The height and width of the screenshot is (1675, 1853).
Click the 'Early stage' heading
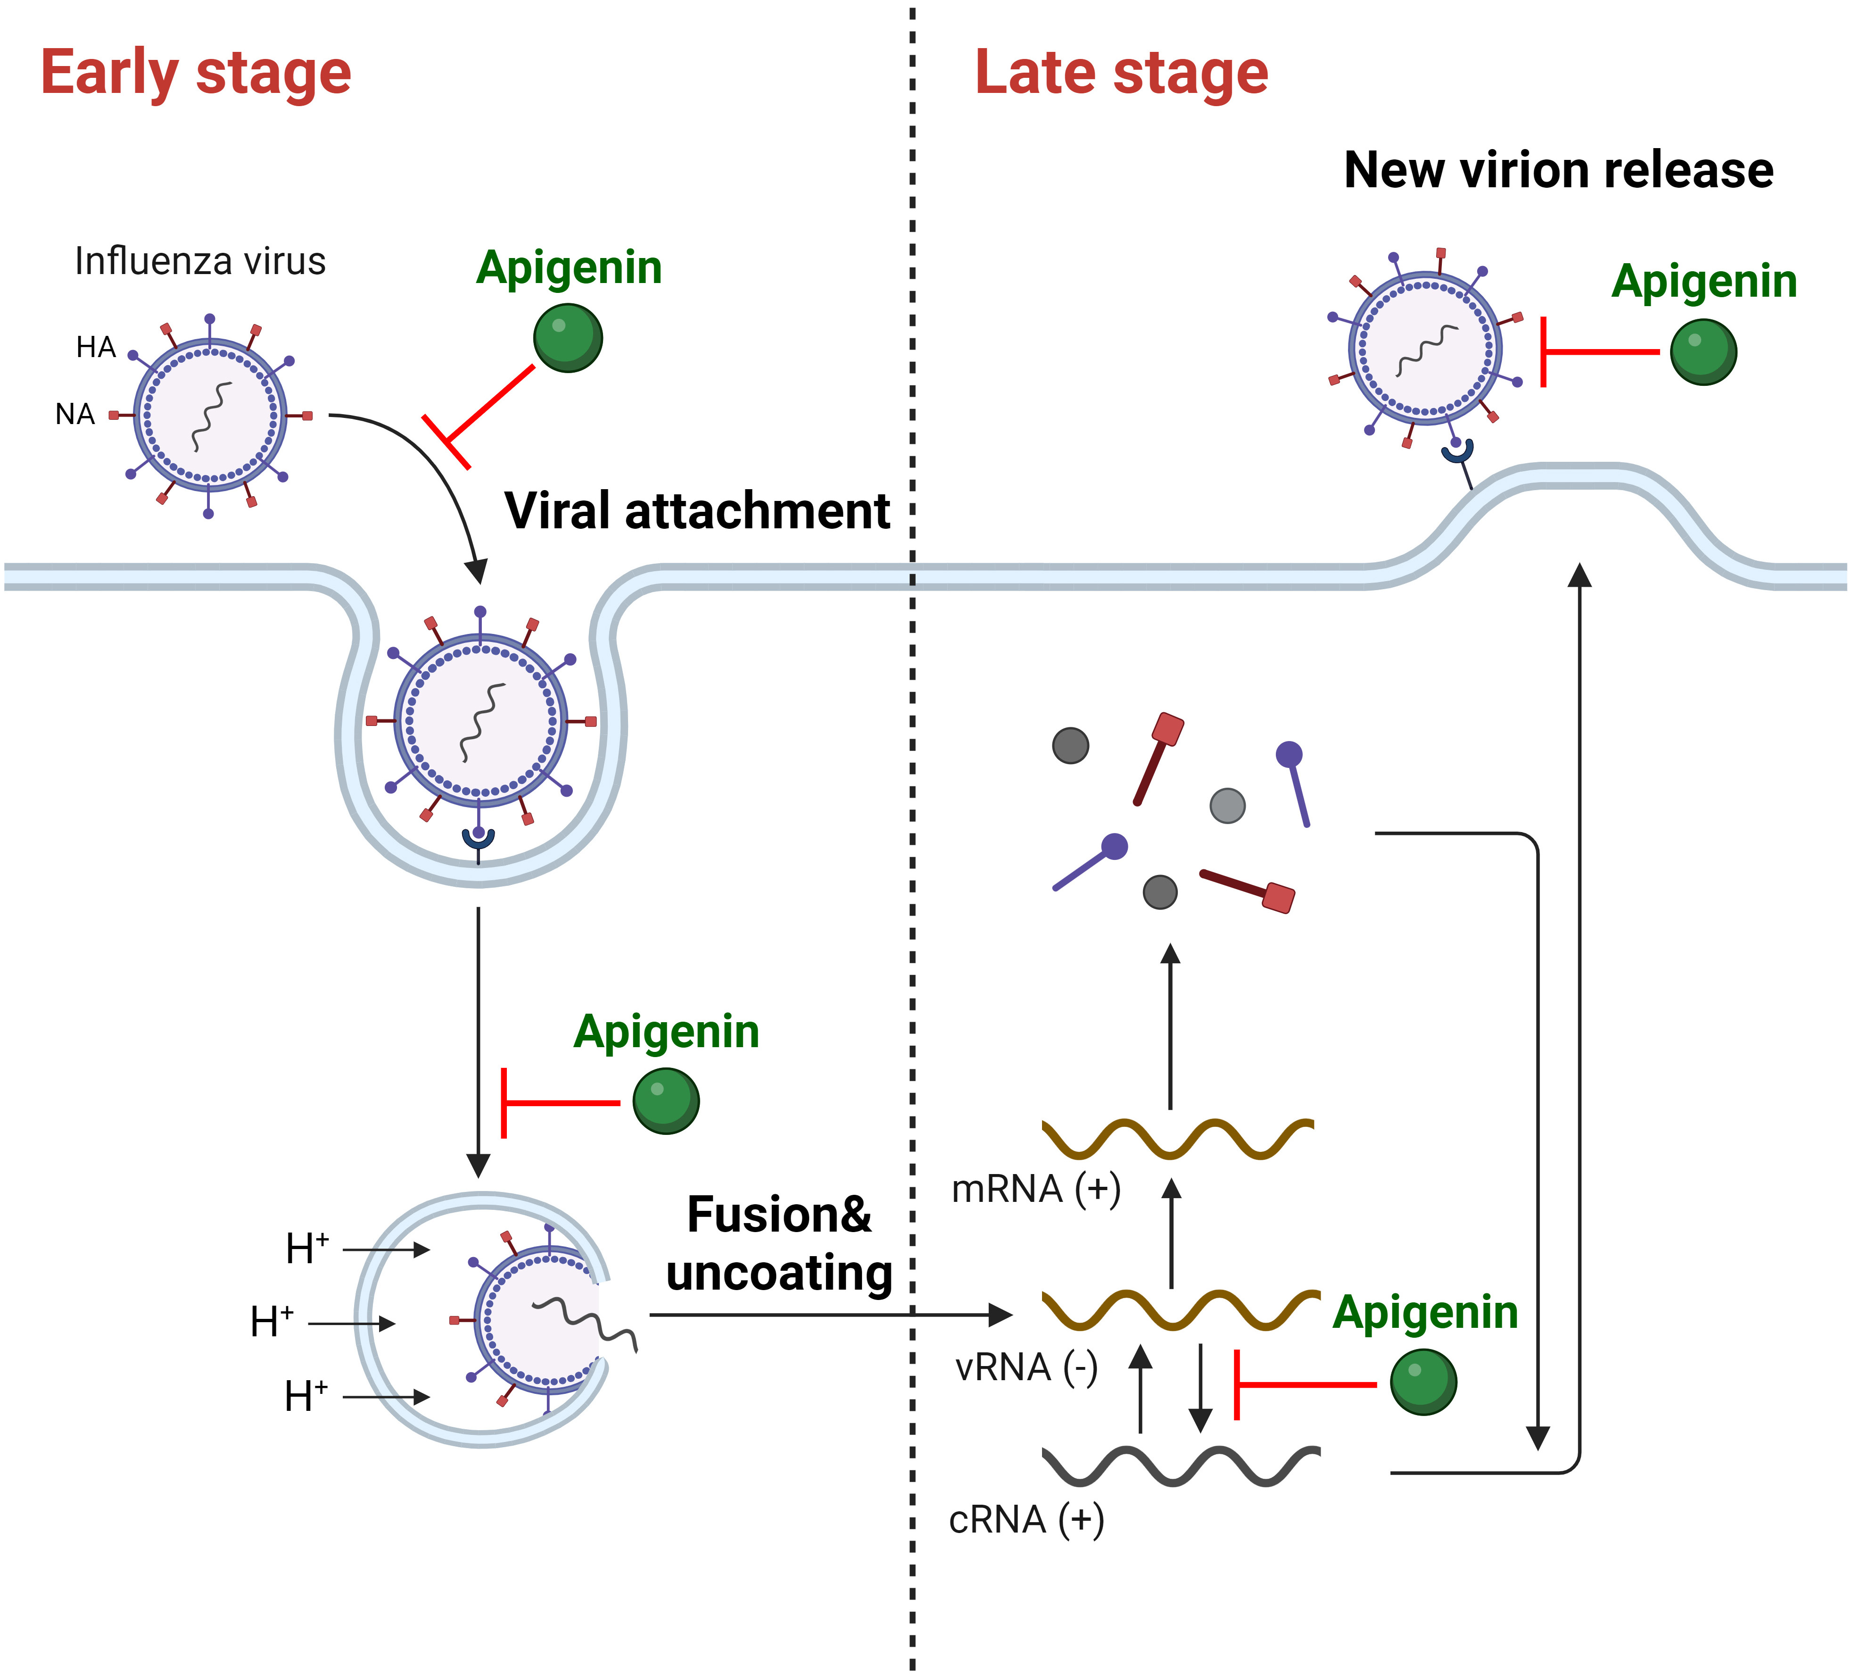[x=196, y=74]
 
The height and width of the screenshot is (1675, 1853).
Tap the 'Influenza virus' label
[x=200, y=262]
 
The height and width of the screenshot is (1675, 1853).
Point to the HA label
[x=96, y=348]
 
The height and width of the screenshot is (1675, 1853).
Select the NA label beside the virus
[x=75, y=415]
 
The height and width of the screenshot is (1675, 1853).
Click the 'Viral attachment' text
[x=697, y=511]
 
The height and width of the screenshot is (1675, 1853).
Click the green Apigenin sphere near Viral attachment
[x=568, y=338]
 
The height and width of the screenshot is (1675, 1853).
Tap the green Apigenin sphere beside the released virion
[x=1703, y=352]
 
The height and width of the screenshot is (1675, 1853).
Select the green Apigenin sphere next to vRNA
[x=1423, y=1382]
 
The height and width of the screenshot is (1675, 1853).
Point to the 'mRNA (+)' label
[x=1036, y=1190]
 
